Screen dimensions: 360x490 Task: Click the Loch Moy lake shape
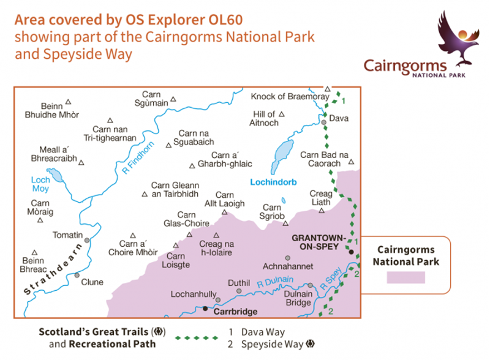pos(56,176)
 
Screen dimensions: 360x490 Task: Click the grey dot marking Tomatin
pos(88,240)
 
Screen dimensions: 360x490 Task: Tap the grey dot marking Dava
pos(323,122)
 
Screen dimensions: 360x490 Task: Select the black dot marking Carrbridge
pos(205,309)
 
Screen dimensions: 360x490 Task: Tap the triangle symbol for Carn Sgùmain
pos(173,99)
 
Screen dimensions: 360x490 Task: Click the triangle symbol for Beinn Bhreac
pos(35,251)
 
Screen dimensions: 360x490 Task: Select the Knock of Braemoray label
pos(286,97)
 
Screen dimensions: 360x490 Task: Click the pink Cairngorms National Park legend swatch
pos(405,276)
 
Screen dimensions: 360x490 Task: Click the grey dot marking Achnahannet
pos(287,258)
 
